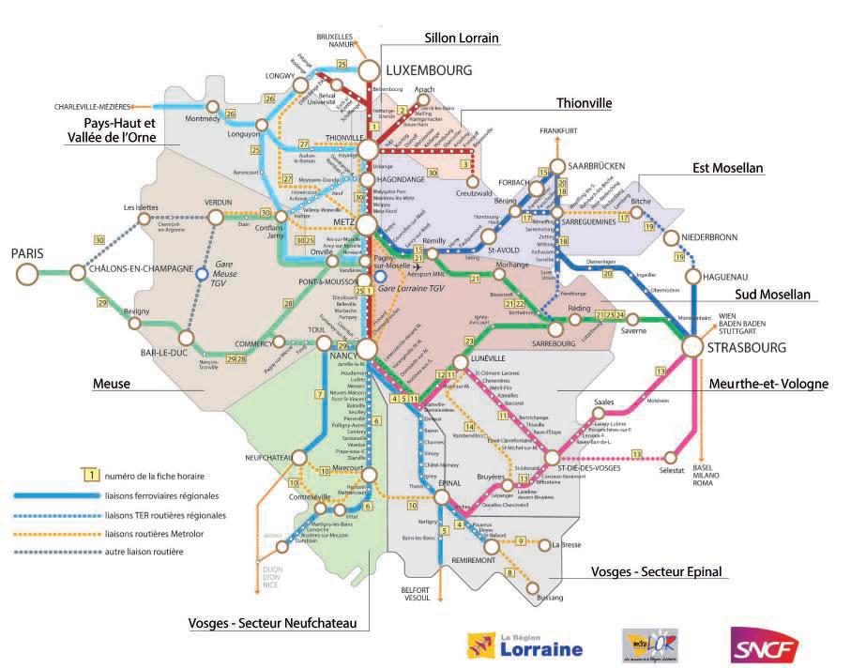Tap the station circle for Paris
(27, 273)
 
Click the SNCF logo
(765, 646)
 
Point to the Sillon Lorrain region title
(455, 38)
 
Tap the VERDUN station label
(217, 202)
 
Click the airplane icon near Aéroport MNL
(416, 266)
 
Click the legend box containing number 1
(92, 476)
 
